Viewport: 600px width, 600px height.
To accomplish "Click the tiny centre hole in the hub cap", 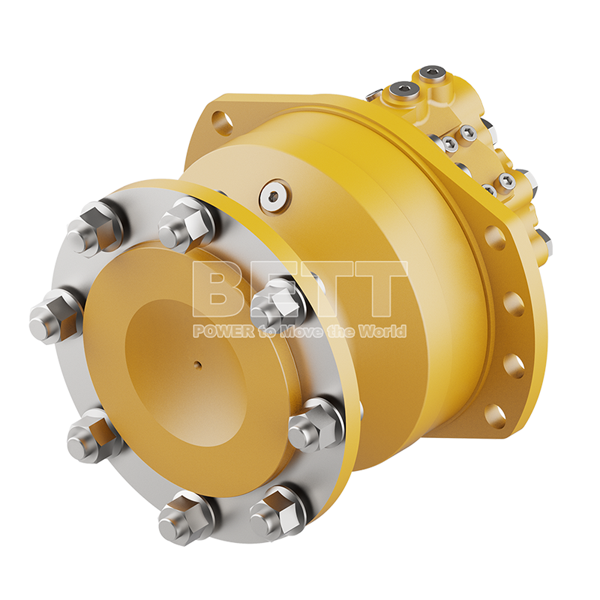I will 197,366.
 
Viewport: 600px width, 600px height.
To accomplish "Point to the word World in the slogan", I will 385,331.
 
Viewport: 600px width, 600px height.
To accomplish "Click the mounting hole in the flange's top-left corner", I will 221,120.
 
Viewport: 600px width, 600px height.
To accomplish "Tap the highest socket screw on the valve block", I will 430,74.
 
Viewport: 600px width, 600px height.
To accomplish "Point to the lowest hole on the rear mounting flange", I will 494,415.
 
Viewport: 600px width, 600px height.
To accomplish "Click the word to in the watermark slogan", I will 267,331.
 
